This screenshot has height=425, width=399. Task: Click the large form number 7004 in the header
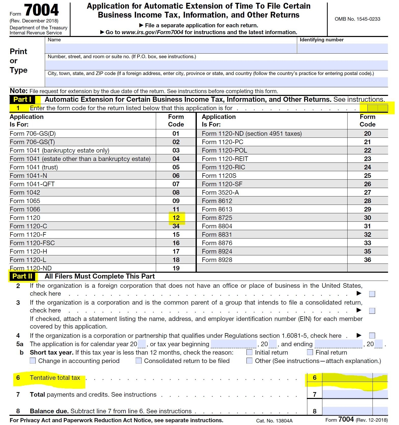pyautogui.click(x=42, y=10)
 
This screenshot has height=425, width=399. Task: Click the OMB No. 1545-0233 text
pyautogui.click(x=357, y=19)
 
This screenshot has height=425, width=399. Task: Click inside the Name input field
pyautogui.click(x=171, y=48)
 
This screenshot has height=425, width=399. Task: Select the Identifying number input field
pyautogui.click(x=342, y=48)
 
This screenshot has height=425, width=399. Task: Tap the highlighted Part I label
pyautogui.click(x=22, y=99)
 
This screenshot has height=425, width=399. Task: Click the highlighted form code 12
pyautogui.click(x=176, y=218)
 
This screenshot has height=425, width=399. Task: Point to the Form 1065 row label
pyautogui.click(x=25, y=201)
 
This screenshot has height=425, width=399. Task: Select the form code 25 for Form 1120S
pyautogui.click(x=367, y=176)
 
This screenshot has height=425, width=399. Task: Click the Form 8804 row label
pyautogui.click(x=217, y=226)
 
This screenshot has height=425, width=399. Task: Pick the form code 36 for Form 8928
pyautogui.click(x=367, y=260)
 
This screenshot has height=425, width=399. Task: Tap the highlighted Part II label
pyautogui.click(x=22, y=276)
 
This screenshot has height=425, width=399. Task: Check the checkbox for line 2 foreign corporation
pyautogui.click(x=372, y=294)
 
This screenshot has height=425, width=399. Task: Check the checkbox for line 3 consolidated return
pyautogui.click(x=372, y=311)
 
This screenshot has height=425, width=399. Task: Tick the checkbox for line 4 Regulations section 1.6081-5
pyautogui.click(x=372, y=335)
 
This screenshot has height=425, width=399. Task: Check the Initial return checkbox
pyautogui.click(x=250, y=352)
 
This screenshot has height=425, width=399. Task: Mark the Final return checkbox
pyautogui.click(x=310, y=352)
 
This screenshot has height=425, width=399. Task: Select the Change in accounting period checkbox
pyautogui.click(x=33, y=361)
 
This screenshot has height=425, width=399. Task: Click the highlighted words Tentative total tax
pyautogui.click(x=55, y=378)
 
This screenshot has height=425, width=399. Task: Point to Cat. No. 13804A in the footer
pyautogui.click(x=274, y=421)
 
